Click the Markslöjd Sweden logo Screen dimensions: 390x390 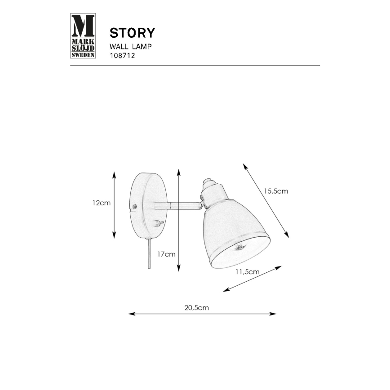coord(84,36)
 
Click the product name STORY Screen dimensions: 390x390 coord(133,33)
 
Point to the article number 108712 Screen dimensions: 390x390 coord(123,56)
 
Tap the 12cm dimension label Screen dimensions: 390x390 coord(101,203)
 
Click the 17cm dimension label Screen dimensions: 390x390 coord(166,254)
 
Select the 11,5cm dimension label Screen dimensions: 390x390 coord(247,272)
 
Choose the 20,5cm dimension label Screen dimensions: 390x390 coord(197,308)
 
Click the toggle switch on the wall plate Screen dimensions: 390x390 coord(159,222)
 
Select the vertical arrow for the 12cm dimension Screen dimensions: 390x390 coord(115,204)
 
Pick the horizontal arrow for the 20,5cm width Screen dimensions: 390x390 coord(202,314)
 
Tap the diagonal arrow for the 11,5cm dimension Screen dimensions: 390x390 coord(252,279)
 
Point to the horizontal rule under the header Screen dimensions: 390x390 coord(195,66)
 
